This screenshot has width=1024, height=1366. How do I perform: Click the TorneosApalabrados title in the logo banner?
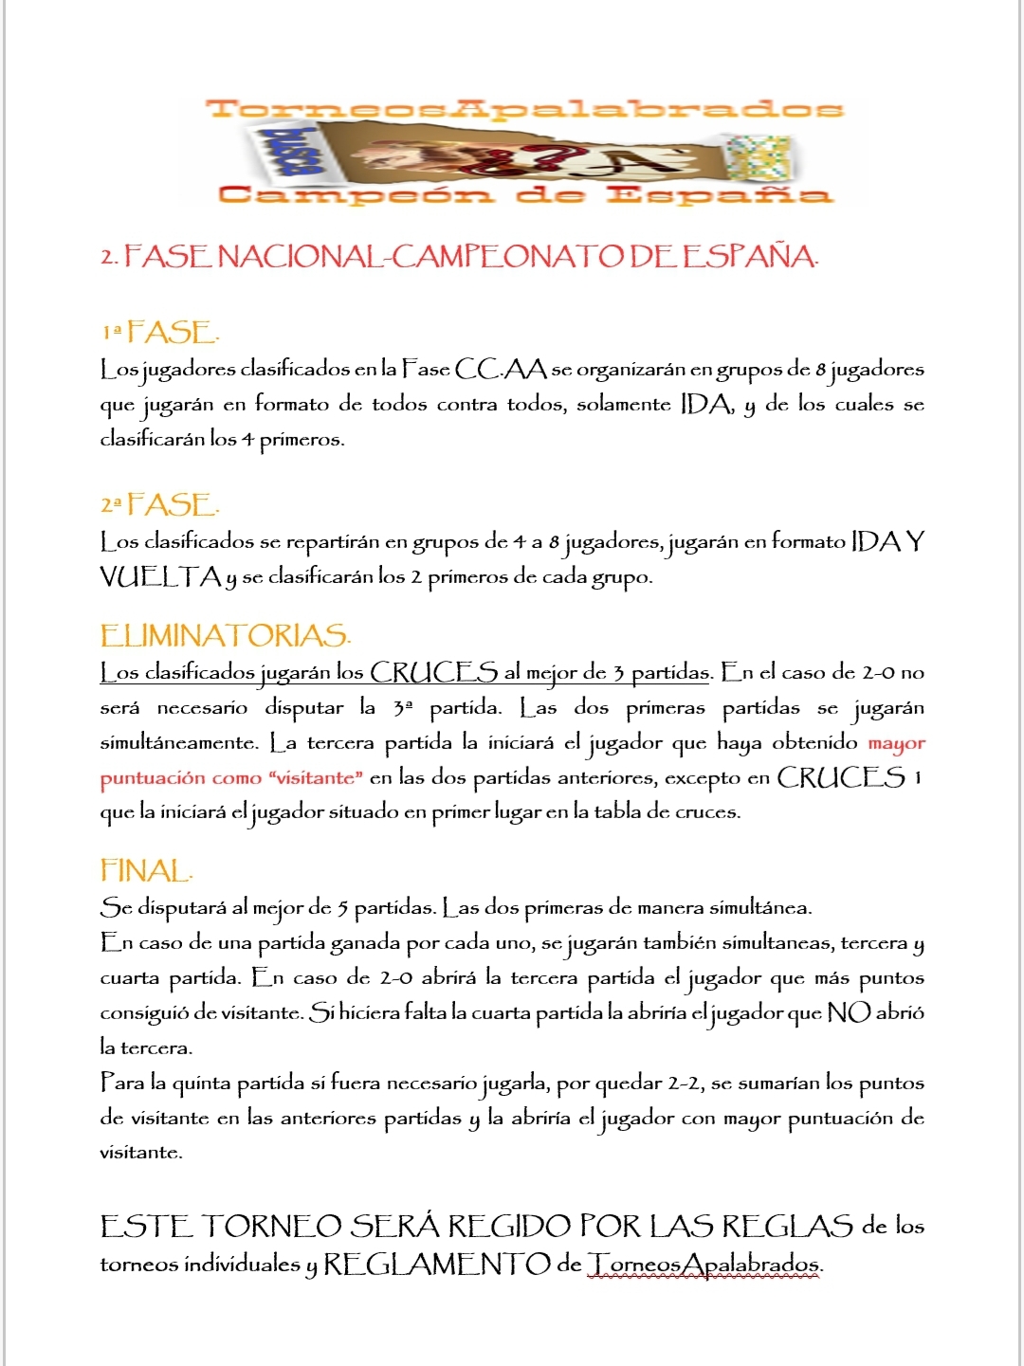[x=524, y=108]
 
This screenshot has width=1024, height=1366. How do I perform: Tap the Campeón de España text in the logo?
[x=524, y=195]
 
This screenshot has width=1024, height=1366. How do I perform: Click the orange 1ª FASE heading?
[x=161, y=333]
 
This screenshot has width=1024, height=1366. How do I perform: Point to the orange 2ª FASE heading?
[x=161, y=505]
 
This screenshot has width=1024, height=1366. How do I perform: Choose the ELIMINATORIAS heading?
[x=226, y=635]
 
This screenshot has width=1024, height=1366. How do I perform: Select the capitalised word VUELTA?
[x=160, y=576]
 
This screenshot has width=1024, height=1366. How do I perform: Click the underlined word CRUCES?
[x=433, y=672]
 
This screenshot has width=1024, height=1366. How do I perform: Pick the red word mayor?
[x=896, y=743]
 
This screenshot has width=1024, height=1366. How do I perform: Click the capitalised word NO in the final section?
[x=848, y=1012]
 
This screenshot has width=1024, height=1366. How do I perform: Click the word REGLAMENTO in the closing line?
[x=437, y=1265]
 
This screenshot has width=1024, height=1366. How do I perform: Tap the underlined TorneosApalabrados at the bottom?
[x=704, y=1265]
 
